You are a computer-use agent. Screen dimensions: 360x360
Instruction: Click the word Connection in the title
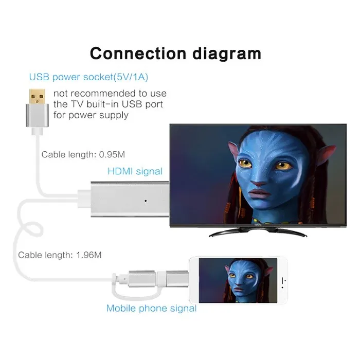[x=138, y=53]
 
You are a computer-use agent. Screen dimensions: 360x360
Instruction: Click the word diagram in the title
[x=227, y=55]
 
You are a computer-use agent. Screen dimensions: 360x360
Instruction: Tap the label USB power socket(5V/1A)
[x=88, y=77]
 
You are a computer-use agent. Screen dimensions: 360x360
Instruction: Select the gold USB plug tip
[x=37, y=97]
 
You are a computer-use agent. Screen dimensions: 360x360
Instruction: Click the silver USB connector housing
[x=37, y=115]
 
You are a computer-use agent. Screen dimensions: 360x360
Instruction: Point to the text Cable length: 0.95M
[x=83, y=154]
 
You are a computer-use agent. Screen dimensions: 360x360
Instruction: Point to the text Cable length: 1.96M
[x=60, y=255]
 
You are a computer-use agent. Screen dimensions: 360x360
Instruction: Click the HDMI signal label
[x=135, y=171]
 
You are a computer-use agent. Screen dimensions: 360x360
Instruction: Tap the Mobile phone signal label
[x=152, y=308]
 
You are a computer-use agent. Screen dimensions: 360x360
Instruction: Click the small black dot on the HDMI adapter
[x=146, y=201]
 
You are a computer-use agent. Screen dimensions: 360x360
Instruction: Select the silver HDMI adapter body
[x=130, y=199]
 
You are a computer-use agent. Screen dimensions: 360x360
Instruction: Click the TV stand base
[x=258, y=232]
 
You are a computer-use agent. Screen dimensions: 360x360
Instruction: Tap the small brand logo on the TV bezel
[x=258, y=225]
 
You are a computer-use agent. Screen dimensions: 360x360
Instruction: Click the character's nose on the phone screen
[x=239, y=283]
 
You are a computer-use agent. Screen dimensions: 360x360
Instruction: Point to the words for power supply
[x=91, y=115]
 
